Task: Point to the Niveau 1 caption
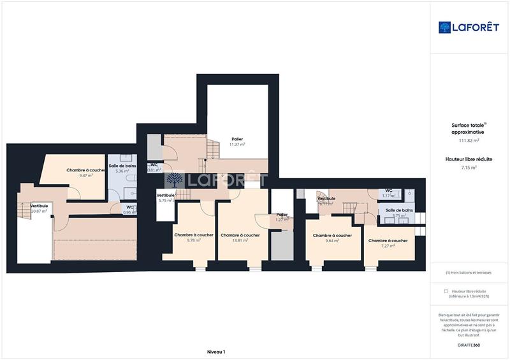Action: click(216, 352)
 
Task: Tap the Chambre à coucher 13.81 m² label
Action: click(240, 238)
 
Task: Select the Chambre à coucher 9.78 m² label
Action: click(194, 238)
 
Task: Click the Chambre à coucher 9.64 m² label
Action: click(332, 238)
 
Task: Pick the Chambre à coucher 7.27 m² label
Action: click(388, 243)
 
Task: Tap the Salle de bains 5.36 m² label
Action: click(122, 168)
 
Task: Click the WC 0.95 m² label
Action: click(130, 210)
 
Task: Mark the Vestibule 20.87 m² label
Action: click(39, 208)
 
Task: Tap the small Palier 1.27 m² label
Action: click(282, 217)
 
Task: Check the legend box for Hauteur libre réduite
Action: click(446, 291)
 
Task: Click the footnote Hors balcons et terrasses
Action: click(469, 273)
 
